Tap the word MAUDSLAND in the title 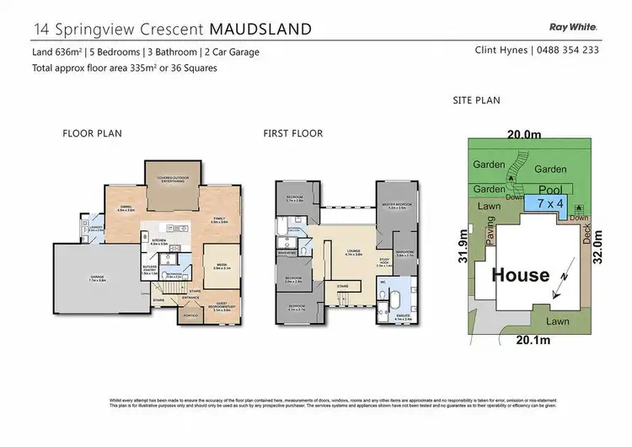[261, 29]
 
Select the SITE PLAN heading [477, 100]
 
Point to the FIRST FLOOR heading [292, 133]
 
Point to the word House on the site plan [521, 274]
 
